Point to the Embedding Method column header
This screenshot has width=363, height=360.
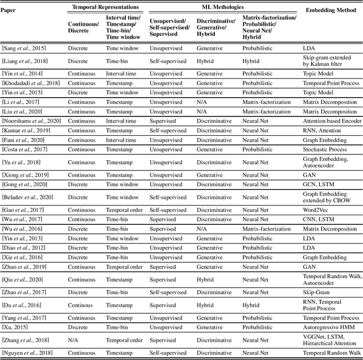coord(332,11)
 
